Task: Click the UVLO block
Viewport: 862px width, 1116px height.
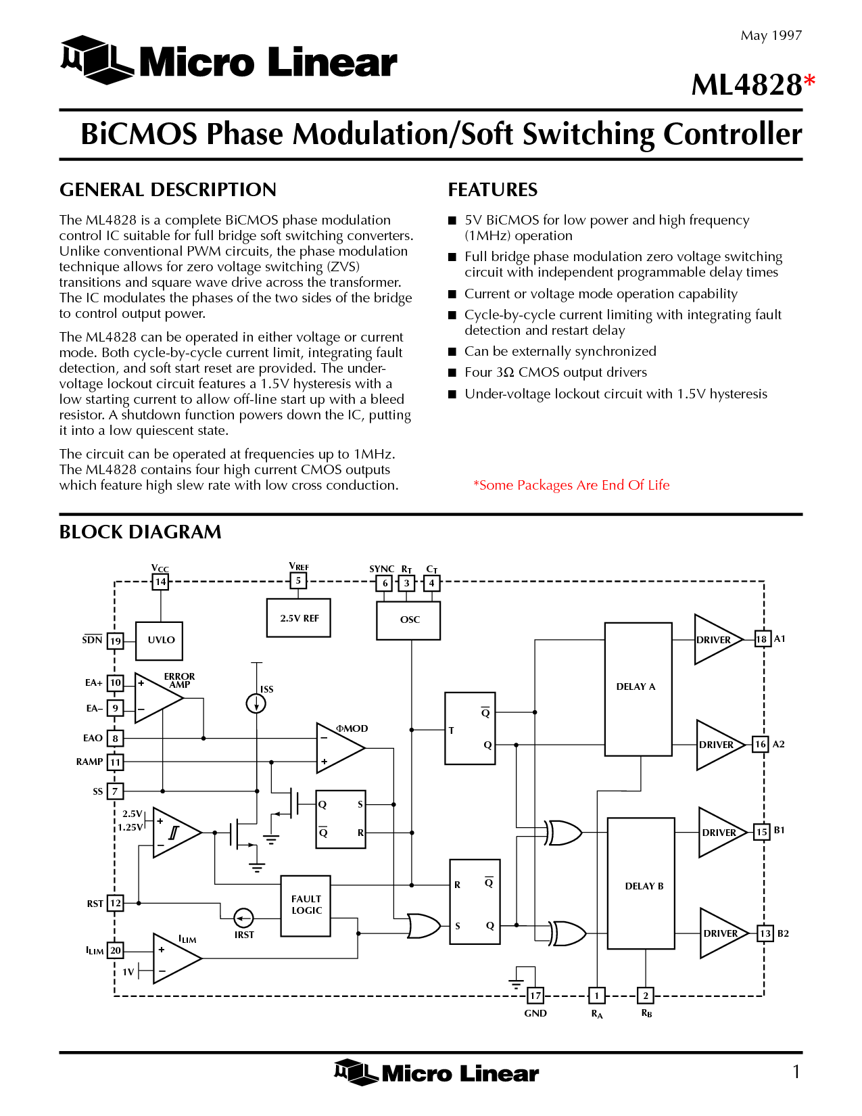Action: [159, 641]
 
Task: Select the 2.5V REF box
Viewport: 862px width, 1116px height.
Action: [298, 618]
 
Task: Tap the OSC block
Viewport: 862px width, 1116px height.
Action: [408, 620]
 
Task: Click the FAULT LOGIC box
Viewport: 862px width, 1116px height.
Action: [306, 906]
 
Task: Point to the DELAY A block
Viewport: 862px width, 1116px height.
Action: [638, 689]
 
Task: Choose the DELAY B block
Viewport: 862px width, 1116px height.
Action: [641, 883]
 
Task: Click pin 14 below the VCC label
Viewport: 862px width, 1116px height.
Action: [160, 582]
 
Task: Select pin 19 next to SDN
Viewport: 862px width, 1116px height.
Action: [115, 641]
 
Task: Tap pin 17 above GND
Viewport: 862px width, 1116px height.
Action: [535, 996]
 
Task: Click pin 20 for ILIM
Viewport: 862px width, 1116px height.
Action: [115, 950]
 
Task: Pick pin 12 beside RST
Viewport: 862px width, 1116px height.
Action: [115, 903]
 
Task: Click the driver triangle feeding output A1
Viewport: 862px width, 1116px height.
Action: [718, 639]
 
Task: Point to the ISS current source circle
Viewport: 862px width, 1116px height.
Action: [256, 703]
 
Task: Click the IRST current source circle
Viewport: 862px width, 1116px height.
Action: [243, 918]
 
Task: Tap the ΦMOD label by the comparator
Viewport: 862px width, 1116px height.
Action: [352, 728]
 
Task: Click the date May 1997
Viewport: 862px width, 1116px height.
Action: [771, 35]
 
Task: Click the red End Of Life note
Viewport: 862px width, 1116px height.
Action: [571, 485]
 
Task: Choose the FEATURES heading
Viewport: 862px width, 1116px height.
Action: [492, 189]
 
